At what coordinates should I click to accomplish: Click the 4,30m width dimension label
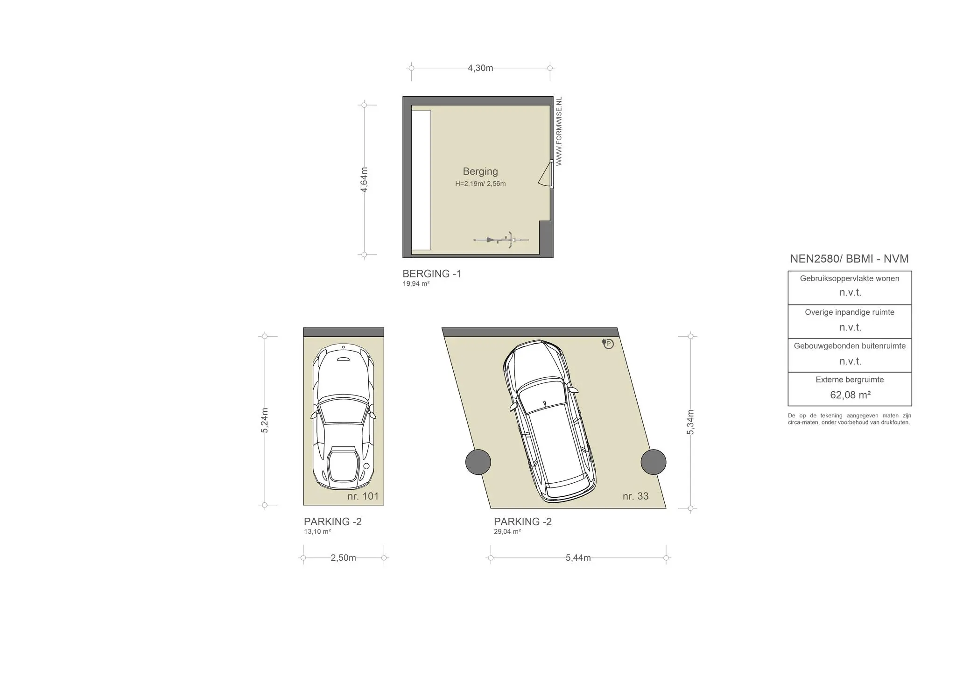coord(480,68)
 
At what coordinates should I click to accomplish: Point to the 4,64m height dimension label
coord(364,179)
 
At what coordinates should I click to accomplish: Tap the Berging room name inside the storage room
coord(480,171)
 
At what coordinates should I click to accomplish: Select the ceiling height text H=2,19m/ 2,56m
coord(480,183)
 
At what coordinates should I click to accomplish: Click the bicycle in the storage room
coord(501,240)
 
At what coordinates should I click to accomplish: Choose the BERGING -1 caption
coord(432,274)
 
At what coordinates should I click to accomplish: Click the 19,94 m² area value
coord(416,283)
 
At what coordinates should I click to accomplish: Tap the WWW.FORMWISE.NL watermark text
coord(559,131)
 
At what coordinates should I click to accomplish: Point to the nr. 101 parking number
coord(363,496)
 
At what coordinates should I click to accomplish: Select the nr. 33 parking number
coord(636,496)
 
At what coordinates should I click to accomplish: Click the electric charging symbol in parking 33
coord(608,344)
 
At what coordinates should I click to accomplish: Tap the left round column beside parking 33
coord(478,462)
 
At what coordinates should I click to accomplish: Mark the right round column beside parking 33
coord(654,462)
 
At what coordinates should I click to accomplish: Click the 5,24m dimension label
coord(265,421)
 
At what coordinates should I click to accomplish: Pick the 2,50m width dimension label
coord(344,558)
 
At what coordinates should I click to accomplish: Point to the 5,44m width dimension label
coord(578,558)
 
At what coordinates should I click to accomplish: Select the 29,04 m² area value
coord(507,531)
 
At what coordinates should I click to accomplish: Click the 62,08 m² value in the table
coord(850,395)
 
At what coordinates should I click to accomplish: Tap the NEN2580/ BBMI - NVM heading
coord(850,259)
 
